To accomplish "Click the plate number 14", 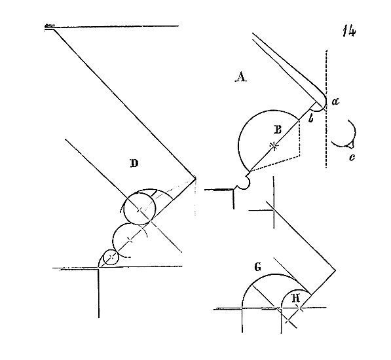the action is (x=349, y=31).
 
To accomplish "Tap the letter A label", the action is (x=240, y=77).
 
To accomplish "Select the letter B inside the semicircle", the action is (x=278, y=130).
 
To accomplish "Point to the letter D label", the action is (x=134, y=164).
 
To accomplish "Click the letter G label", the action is (x=258, y=267).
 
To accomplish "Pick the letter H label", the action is (x=296, y=298).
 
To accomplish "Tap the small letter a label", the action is (x=335, y=101).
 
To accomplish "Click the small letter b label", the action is (x=310, y=118).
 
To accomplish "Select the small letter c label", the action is (x=352, y=158).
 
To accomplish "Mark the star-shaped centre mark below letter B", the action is (x=274, y=146).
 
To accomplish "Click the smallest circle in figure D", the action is (x=111, y=257).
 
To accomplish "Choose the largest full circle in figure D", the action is (x=140, y=208).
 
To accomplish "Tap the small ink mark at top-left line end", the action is (x=49, y=26).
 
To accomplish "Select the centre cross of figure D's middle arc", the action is (x=130, y=240).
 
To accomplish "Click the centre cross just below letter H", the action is (x=300, y=308).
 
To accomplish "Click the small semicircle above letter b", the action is (x=316, y=107).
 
